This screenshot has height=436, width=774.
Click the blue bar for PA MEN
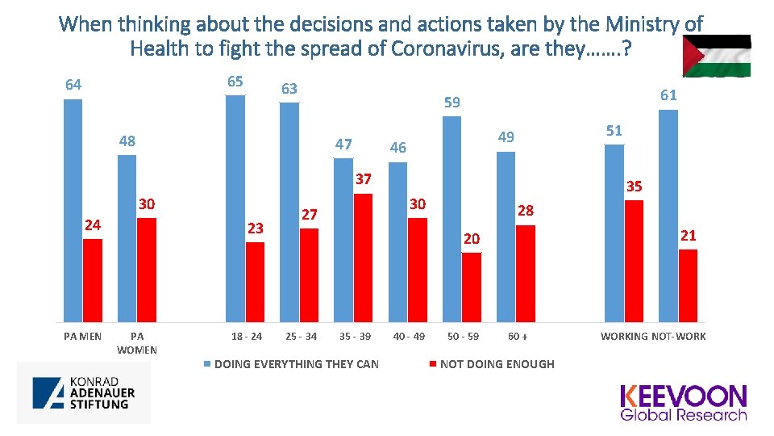(x=73, y=210)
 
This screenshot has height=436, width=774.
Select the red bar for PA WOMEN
(x=146, y=270)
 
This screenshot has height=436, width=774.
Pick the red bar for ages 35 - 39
(x=363, y=258)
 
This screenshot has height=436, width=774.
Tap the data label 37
(x=363, y=178)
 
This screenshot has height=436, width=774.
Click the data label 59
(x=452, y=103)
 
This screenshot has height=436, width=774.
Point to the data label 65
(x=235, y=82)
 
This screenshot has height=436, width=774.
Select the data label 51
(x=614, y=130)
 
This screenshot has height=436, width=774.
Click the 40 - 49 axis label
(x=409, y=336)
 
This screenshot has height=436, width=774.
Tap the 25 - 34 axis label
(x=301, y=336)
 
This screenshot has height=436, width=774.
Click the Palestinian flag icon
(x=717, y=56)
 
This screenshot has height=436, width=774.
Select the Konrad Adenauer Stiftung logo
(x=84, y=392)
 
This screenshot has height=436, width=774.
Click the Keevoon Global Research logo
(x=683, y=403)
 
